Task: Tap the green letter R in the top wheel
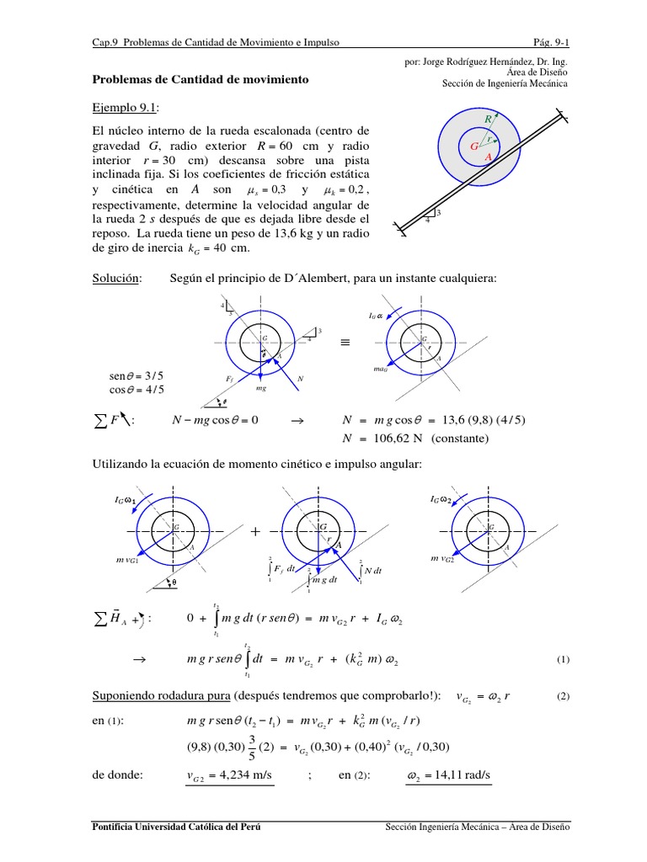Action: (488, 121)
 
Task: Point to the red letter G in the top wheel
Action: (473, 146)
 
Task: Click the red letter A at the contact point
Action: (488, 157)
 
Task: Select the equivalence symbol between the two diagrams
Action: (345, 343)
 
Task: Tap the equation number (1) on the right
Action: (563, 660)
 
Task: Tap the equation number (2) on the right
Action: (563, 697)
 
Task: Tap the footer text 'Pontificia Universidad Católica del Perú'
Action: (176, 827)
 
